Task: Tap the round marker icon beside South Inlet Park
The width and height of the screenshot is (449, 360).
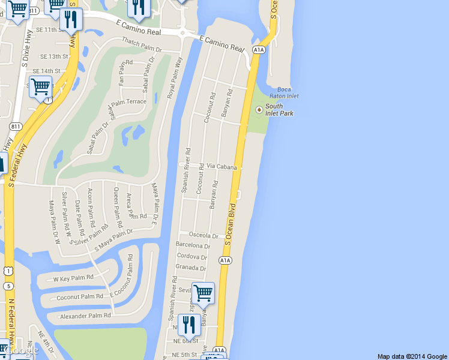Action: (x=259, y=109)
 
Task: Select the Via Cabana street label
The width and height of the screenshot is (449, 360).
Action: (x=221, y=167)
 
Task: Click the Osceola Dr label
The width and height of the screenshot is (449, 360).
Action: (x=203, y=235)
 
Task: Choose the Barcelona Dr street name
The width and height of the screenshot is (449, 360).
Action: (x=193, y=245)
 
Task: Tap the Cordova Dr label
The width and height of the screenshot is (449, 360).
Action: (x=192, y=257)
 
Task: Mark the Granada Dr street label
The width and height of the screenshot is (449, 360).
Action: (x=191, y=268)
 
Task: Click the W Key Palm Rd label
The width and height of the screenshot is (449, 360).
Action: (x=73, y=278)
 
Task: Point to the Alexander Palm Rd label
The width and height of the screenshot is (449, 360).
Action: (x=85, y=315)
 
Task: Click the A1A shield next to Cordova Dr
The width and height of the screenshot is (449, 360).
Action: (x=225, y=260)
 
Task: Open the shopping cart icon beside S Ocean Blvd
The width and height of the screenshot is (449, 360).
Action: (x=203, y=293)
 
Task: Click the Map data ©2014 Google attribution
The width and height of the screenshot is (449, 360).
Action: (x=412, y=356)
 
